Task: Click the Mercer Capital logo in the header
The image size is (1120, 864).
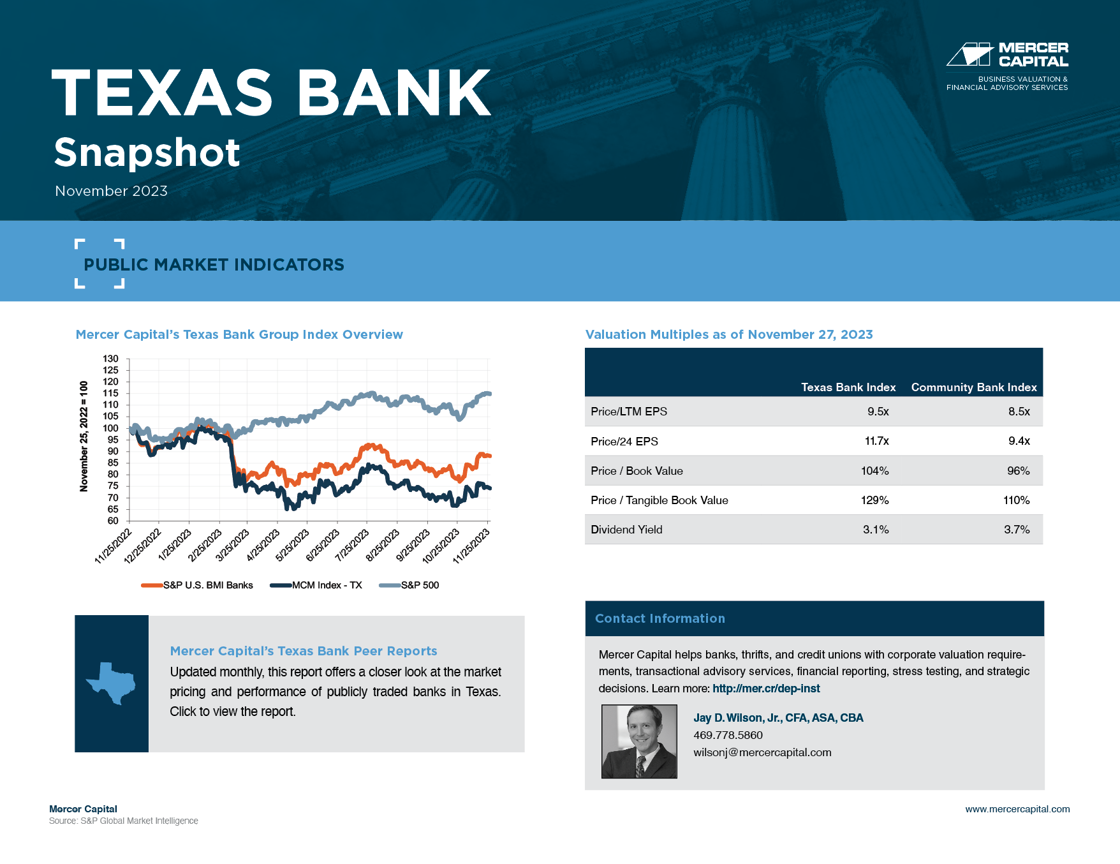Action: click(x=1007, y=66)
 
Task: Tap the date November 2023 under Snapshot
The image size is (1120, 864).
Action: click(x=111, y=191)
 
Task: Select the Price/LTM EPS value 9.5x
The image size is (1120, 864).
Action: click(x=878, y=412)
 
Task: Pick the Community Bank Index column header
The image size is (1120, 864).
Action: click(x=974, y=387)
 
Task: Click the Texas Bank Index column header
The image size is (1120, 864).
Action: click(x=848, y=387)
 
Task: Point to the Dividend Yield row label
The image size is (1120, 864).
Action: click(x=626, y=530)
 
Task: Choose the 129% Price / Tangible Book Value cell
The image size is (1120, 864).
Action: click(x=874, y=500)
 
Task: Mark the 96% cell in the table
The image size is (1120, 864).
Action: click(x=1018, y=471)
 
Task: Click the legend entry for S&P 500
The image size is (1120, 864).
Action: click(x=409, y=585)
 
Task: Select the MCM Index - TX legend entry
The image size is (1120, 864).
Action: click(x=316, y=585)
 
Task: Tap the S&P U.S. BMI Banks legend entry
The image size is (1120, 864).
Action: click(x=197, y=585)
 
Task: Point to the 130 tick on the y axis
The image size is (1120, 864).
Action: click(x=110, y=359)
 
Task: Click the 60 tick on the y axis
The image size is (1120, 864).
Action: click(x=113, y=521)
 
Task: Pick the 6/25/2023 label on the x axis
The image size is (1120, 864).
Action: click(x=323, y=545)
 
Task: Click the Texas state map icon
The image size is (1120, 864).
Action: click(x=111, y=683)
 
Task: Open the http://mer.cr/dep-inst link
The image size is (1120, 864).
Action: click(x=766, y=689)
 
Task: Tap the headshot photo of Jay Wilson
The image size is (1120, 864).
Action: click(x=639, y=741)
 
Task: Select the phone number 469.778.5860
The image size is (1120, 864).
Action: click(x=728, y=735)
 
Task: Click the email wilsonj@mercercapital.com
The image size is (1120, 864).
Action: click(x=762, y=752)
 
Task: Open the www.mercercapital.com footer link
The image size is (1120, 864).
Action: click(x=1017, y=809)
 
